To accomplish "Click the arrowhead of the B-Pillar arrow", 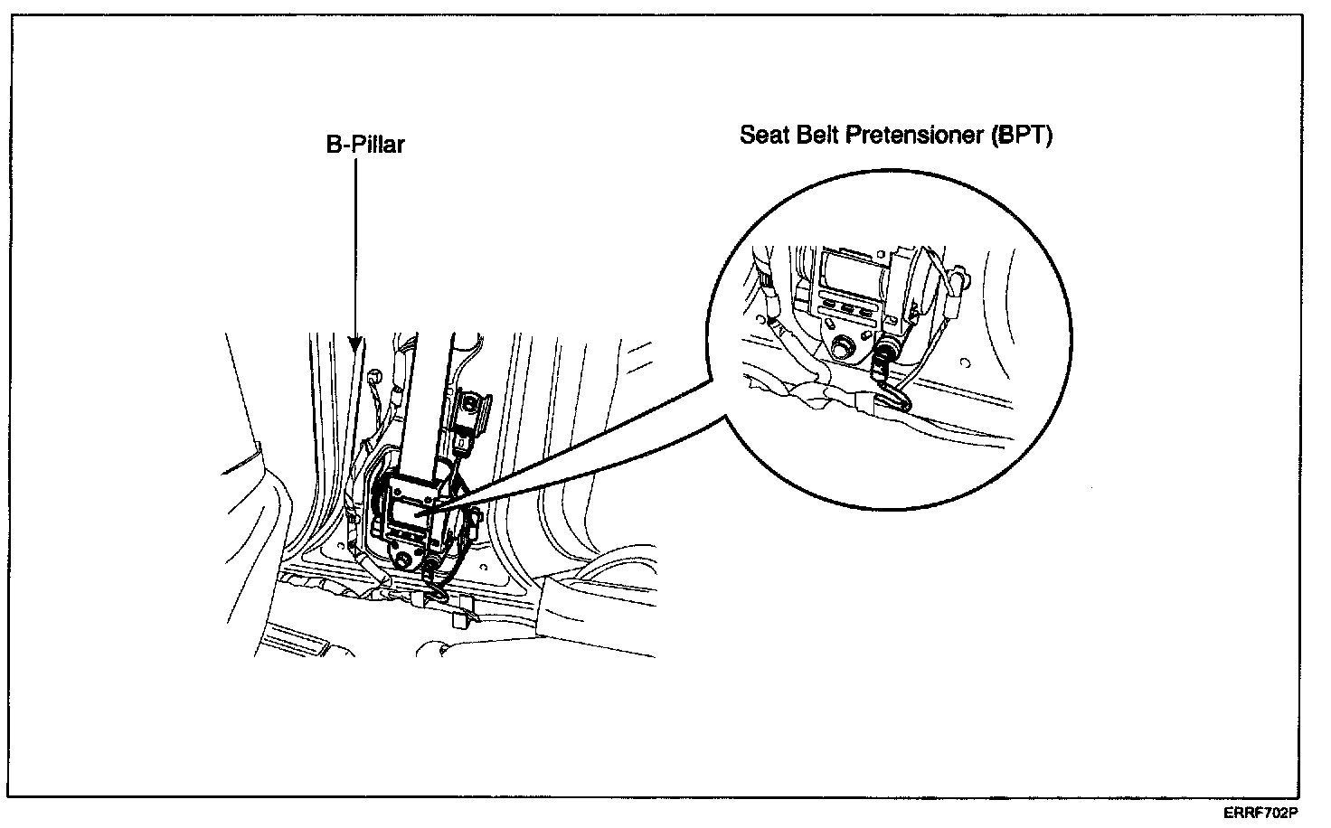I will pyautogui.click(x=356, y=344).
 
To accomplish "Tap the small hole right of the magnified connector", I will pyautogui.click(x=965, y=364).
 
